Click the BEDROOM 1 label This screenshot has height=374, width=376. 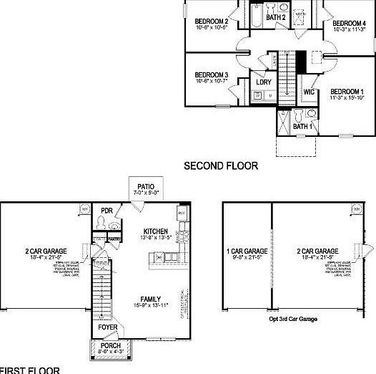click(x=347, y=92)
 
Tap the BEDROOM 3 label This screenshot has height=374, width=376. click(x=211, y=75)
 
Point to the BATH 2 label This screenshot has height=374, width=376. click(x=276, y=17)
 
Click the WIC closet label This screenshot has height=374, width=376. click(x=309, y=92)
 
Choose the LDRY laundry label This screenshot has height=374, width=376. click(x=263, y=82)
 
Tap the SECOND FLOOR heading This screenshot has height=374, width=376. click(x=221, y=166)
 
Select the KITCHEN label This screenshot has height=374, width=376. click(x=155, y=231)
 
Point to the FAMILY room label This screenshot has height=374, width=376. click(x=150, y=299)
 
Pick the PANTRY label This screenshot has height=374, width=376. click(x=113, y=239)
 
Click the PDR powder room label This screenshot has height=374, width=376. click(x=107, y=210)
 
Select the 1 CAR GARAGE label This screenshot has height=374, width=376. click(x=247, y=251)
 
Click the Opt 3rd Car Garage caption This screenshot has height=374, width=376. click(x=293, y=319)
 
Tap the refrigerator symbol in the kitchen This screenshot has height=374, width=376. click(x=182, y=213)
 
